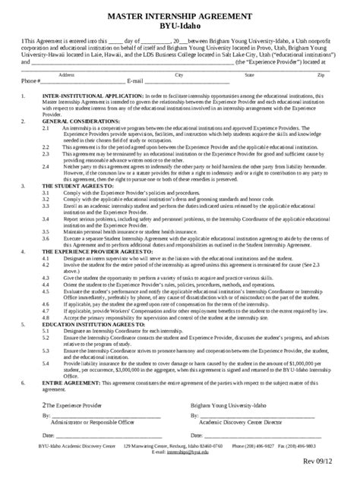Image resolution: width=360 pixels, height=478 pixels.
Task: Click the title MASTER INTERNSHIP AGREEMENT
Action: (x=180, y=14)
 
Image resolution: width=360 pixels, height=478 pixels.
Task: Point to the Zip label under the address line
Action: (x=322, y=76)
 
